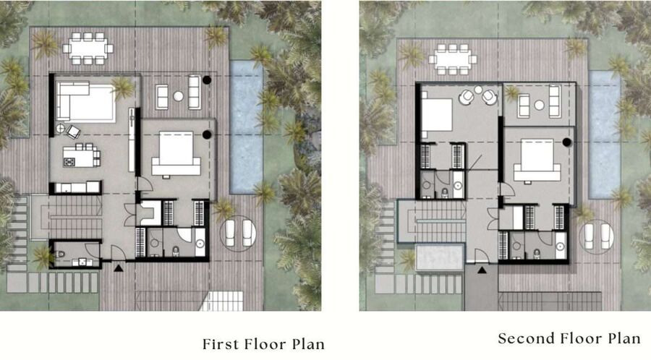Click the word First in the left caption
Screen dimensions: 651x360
(221, 344)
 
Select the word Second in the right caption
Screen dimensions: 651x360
(525, 338)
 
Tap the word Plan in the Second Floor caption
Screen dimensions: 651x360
(624, 338)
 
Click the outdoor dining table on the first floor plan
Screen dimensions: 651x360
(88, 48)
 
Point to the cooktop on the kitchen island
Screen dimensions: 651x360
(69, 162)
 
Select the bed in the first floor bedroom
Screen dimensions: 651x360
(176, 153)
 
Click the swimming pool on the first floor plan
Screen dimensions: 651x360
(246, 127)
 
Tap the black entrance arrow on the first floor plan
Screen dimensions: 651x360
(119, 268)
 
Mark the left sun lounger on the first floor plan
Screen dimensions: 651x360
(230, 233)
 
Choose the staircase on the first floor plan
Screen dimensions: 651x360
(75, 218)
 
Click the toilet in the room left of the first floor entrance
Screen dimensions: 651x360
(60, 254)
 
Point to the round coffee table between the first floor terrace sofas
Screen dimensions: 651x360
(178, 96)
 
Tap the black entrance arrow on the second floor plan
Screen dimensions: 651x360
(482, 270)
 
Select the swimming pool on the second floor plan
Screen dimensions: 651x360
(604, 134)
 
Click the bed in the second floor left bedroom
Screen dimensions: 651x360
(436, 114)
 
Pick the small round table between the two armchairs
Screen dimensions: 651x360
(478, 90)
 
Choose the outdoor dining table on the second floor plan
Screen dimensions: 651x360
(453, 59)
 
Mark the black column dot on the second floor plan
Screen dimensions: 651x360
(566, 142)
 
